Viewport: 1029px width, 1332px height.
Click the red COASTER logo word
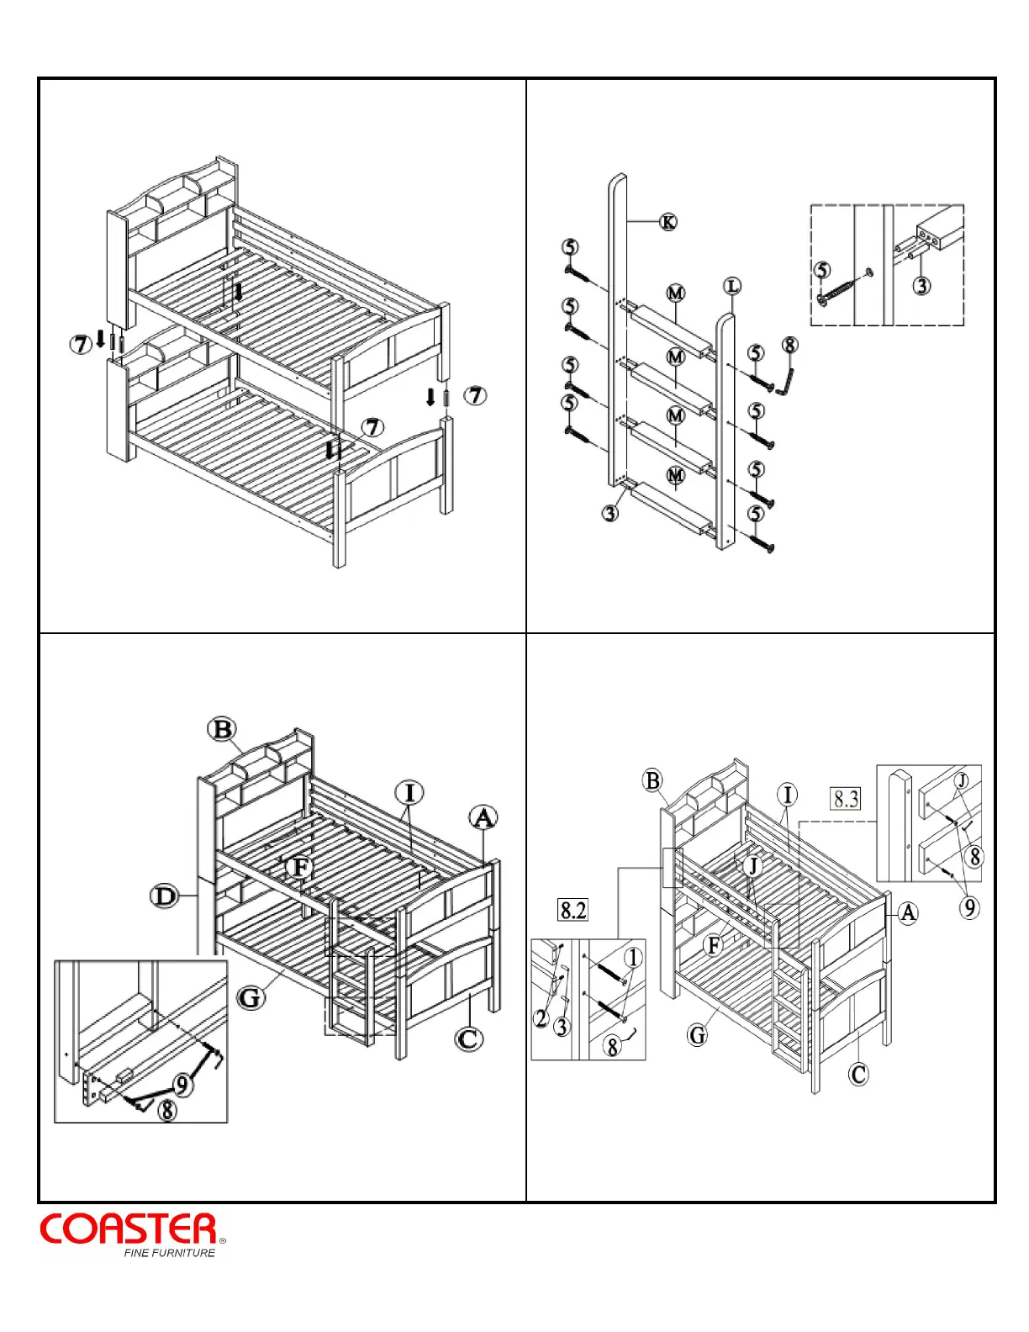(x=129, y=1229)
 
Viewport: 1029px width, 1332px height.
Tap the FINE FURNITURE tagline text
(x=169, y=1253)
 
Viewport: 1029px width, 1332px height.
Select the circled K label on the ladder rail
(x=668, y=222)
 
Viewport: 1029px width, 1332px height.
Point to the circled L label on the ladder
(x=732, y=287)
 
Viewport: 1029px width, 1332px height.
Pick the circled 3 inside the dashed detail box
(x=922, y=285)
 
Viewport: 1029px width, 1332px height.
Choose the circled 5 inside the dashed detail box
(x=822, y=270)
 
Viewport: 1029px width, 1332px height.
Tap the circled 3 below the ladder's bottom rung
(x=610, y=511)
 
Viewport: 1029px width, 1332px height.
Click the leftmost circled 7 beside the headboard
(x=80, y=343)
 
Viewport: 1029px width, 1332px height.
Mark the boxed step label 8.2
(x=573, y=910)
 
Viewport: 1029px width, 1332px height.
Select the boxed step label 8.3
(x=846, y=798)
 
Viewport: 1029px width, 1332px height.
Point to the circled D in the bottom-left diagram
(x=165, y=896)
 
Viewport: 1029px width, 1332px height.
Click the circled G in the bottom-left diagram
(x=250, y=998)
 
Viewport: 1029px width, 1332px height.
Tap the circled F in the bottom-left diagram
(x=298, y=868)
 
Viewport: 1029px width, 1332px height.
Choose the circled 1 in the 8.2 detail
(x=633, y=958)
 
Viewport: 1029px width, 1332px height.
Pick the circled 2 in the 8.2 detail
(x=542, y=1018)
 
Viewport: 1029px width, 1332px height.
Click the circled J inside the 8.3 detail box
(x=963, y=780)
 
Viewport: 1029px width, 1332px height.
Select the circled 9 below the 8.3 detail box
(x=969, y=907)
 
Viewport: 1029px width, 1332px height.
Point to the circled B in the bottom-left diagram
(x=222, y=729)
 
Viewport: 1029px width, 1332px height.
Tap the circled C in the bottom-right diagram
(x=858, y=1074)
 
